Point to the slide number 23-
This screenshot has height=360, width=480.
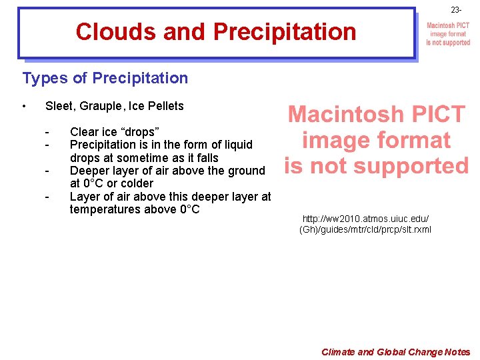[455, 11]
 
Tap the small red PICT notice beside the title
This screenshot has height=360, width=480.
[448, 34]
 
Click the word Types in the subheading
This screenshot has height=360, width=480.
[45, 78]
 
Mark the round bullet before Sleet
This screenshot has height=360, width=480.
[24, 106]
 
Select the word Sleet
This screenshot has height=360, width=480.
[59, 106]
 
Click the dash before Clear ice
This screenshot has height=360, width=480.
[47, 132]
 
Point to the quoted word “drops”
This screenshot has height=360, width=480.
[137, 132]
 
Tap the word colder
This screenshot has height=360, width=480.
[136, 183]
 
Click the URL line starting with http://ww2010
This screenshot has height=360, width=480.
[365, 219]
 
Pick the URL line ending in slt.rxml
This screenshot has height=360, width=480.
[365, 230]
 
